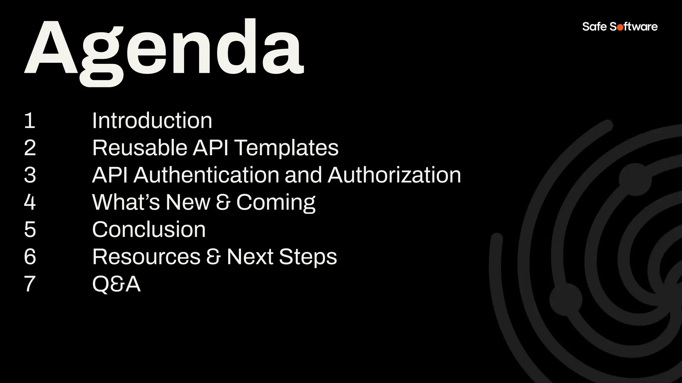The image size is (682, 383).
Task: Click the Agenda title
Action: click(164, 50)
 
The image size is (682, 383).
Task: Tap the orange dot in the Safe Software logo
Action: click(620, 27)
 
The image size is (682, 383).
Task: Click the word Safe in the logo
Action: click(594, 27)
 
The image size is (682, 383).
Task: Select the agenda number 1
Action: click(30, 120)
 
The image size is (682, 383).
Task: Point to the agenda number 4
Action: click(30, 202)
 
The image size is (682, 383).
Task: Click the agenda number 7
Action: click(30, 284)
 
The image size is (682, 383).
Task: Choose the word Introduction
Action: click(152, 120)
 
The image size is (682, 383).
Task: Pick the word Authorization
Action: click(394, 175)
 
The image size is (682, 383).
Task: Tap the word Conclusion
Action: click(149, 229)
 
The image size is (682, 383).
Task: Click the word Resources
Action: click(146, 257)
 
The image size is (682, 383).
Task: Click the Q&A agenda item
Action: click(116, 284)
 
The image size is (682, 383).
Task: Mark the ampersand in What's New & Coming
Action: click(223, 202)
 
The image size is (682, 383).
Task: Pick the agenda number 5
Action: click(30, 229)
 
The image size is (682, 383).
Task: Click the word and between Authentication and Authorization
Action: click(303, 175)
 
